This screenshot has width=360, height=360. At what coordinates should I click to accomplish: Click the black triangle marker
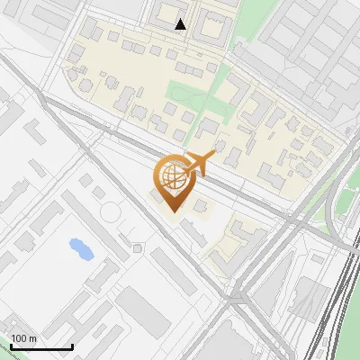tap(181, 24)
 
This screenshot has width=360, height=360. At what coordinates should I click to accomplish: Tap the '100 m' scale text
tap(23, 338)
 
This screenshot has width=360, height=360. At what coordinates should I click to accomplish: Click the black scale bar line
tap(41, 346)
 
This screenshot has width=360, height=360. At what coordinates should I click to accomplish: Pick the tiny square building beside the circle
tap(136, 247)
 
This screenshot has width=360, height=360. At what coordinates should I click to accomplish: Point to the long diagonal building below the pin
tap(193, 234)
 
